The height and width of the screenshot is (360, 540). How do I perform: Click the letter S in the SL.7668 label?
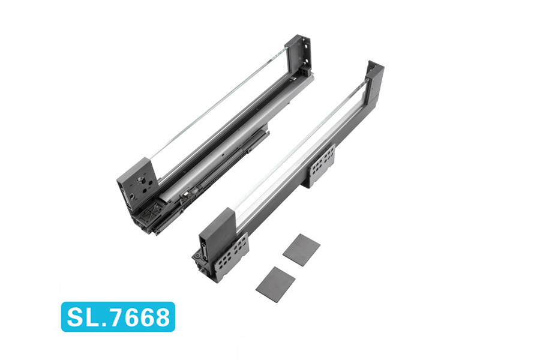[75, 317]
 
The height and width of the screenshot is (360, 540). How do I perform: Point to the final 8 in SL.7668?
[161, 317]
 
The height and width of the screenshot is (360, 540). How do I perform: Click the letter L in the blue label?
[91, 317]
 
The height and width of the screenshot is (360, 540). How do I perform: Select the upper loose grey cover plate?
[301, 250]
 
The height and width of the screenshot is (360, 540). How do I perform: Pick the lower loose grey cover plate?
[275, 284]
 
